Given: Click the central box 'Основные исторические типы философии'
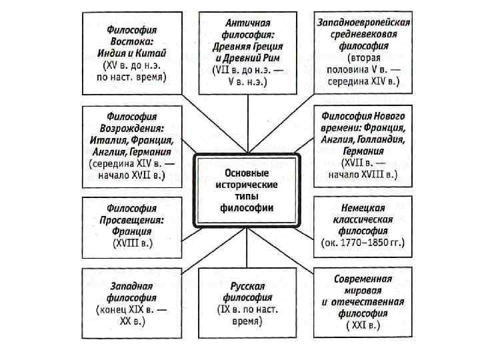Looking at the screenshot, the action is click(247, 190).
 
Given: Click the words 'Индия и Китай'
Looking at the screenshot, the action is click(133, 53).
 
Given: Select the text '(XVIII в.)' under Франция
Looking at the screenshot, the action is click(133, 243).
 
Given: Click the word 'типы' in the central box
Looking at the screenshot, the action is click(247, 197).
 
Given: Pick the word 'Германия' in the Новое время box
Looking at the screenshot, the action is click(363, 151).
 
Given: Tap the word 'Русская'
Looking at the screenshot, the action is click(247, 285).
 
